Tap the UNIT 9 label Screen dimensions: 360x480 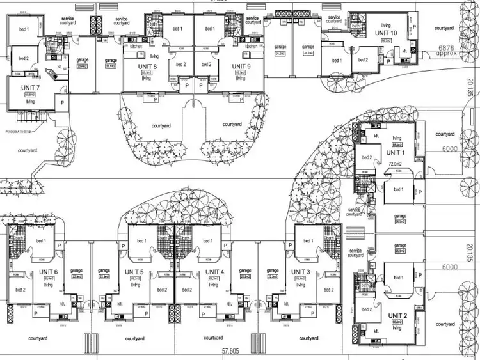pyautogui.click(x=241, y=66)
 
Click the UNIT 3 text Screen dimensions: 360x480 pyautogui.click(x=301, y=272)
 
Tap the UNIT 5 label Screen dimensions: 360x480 pyautogui.click(x=136, y=272)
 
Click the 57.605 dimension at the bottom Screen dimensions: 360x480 pyautogui.click(x=234, y=351)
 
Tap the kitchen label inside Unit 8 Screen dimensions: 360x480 pyautogui.click(x=136, y=47)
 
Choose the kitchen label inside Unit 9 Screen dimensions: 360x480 pyautogui.click(x=252, y=47)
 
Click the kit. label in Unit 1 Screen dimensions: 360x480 pyautogui.click(x=378, y=137)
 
